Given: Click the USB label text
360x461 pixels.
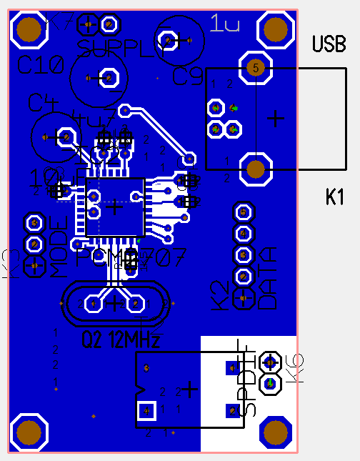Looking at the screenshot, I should (329, 44).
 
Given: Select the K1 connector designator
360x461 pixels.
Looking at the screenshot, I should (335, 197).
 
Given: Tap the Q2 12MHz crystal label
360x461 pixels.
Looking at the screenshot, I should (121, 338).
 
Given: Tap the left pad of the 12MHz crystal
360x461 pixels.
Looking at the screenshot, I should (93, 304).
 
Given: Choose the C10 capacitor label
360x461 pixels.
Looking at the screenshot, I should (41, 66).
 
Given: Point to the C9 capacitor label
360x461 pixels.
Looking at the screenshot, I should (189, 76).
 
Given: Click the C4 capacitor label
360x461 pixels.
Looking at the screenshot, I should (43, 102).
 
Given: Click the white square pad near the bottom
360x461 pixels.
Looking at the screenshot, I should (146, 410).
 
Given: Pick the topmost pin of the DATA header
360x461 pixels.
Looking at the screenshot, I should (244, 212).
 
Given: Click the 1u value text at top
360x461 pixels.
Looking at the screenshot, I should (225, 26).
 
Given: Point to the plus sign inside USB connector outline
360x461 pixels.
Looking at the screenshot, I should (275, 118).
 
